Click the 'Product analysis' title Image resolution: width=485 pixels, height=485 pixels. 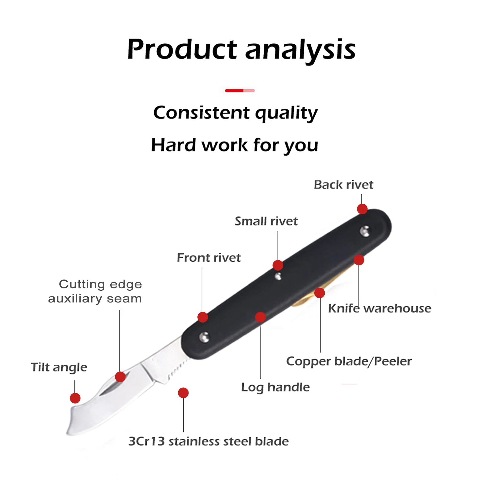pos(241,49)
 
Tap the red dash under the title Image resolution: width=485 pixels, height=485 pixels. pos(239,90)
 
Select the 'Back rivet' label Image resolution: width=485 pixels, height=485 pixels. pos(343,185)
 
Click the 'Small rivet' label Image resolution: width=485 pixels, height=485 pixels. pos(266,221)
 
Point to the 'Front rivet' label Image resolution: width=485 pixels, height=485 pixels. pos(209,258)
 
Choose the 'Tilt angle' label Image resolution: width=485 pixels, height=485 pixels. pos(59,367)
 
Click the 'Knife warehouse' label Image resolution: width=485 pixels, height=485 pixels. pos(380,308)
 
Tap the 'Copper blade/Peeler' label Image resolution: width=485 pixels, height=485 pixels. pos(349,361)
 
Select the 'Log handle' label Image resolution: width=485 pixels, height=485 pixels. pos(275,387)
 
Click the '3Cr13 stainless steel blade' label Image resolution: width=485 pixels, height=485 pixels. pos(209,441)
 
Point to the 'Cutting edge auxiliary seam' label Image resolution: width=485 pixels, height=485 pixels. pos(95,291)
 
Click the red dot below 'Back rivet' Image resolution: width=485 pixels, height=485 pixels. pos(362,209)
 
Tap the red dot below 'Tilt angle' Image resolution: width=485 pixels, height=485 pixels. pos(75,398)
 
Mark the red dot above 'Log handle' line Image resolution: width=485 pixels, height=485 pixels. pos(260,317)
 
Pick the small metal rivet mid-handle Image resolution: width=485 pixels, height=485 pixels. pos(278,276)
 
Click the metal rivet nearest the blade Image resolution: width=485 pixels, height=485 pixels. pos(205,337)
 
